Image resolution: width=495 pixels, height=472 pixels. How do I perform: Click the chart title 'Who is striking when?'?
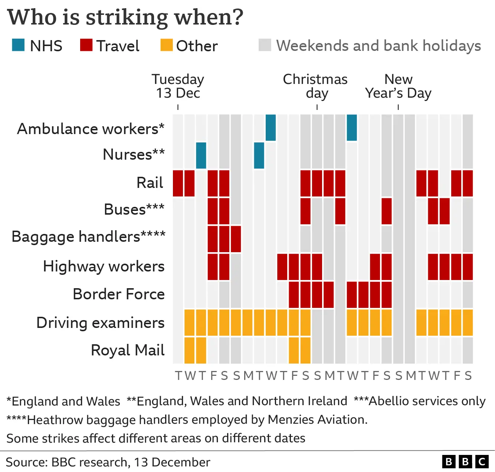tap(125, 17)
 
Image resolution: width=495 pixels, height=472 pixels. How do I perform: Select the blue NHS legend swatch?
tap(18, 45)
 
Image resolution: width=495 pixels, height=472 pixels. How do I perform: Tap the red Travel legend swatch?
tap(86, 45)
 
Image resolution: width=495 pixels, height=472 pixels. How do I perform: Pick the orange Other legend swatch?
tap(166, 45)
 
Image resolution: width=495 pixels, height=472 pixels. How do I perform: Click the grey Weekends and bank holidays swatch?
tap(265, 45)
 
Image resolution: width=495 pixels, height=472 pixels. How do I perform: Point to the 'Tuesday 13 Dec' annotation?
tap(178, 86)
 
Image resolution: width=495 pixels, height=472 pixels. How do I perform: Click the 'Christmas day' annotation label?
tap(315, 86)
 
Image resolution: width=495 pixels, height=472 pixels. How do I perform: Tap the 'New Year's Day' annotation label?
tap(398, 86)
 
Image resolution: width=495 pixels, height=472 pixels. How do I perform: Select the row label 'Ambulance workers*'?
tap(91, 129)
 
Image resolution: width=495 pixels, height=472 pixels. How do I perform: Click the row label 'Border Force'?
tap(118, 294)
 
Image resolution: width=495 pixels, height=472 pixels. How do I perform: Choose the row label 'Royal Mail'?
tap(127, 350)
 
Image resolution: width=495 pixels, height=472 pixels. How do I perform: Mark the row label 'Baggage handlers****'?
tap(88, 237)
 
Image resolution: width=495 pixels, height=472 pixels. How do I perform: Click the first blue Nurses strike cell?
tap(201, 155)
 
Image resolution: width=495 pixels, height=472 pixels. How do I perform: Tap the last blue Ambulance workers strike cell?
tap(352, 127)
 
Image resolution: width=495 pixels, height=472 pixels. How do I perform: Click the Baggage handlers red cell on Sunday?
tap(236, 239)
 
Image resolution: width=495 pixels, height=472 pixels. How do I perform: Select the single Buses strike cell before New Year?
tap(387, 211)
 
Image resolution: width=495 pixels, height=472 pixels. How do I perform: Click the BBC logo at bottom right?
tap(465, 462)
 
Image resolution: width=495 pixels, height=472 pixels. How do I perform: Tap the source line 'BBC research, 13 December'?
tap(131, 462)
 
